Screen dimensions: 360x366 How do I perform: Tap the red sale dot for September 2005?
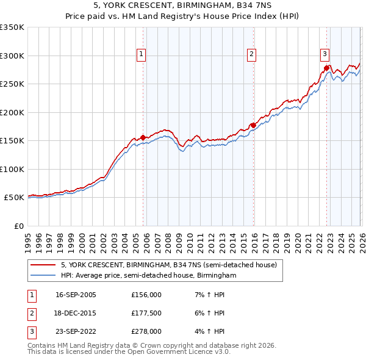(x=143, y=137)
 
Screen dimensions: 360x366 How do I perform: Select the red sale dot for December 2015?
(x=253, y=125)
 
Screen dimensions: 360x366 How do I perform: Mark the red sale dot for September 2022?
(x=326, y=68)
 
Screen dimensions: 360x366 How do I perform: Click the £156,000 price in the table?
(x=146, y=294)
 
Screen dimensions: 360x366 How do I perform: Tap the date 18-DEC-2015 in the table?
(x=76, y=313)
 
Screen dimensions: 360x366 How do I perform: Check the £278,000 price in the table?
(x=146, y=332)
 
